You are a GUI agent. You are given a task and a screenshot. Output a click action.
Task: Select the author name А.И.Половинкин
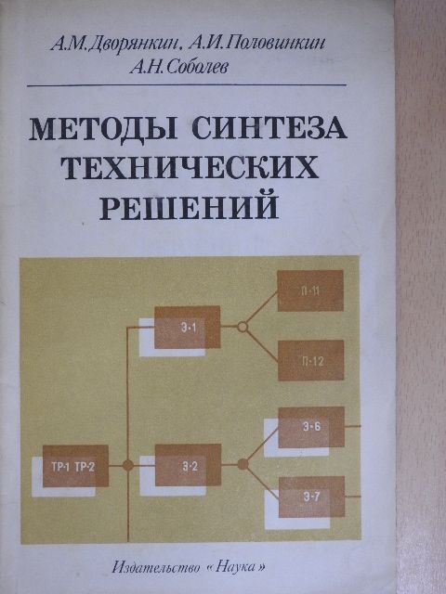coord(256,44)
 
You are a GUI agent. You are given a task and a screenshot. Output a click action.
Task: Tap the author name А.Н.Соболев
coord(178,68)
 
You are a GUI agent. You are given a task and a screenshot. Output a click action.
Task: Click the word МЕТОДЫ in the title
coord(103,130)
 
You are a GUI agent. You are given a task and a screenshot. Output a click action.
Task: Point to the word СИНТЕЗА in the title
coord(269,129)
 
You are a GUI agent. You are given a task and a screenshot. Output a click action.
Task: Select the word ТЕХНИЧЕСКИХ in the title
coord(190,168)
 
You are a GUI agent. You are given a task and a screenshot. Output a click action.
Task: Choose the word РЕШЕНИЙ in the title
coord(189,207)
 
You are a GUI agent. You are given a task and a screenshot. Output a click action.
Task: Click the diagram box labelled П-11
coord(310,291)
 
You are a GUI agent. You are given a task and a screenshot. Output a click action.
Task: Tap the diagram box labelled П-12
coord(311,360)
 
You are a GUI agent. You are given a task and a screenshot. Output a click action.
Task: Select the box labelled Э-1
coord(188,327)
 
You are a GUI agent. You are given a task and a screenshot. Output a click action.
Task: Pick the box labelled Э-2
coord(188,465)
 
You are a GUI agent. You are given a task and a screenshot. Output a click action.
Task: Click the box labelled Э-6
coord(311,427)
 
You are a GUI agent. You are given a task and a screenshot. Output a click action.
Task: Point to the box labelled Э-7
coord(312,497)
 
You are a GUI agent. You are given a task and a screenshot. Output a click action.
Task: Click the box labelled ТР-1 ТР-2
coord(75,466)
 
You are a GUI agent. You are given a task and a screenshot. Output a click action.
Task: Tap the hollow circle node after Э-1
coord(243,327)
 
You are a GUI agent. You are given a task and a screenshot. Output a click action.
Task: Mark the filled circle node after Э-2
coord(243,464)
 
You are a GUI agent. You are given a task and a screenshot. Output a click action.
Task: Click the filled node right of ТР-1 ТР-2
coord(128,465)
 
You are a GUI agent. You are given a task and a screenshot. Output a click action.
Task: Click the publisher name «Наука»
coord(235,567)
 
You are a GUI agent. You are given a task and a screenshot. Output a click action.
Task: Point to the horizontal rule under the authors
coord(187,85)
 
